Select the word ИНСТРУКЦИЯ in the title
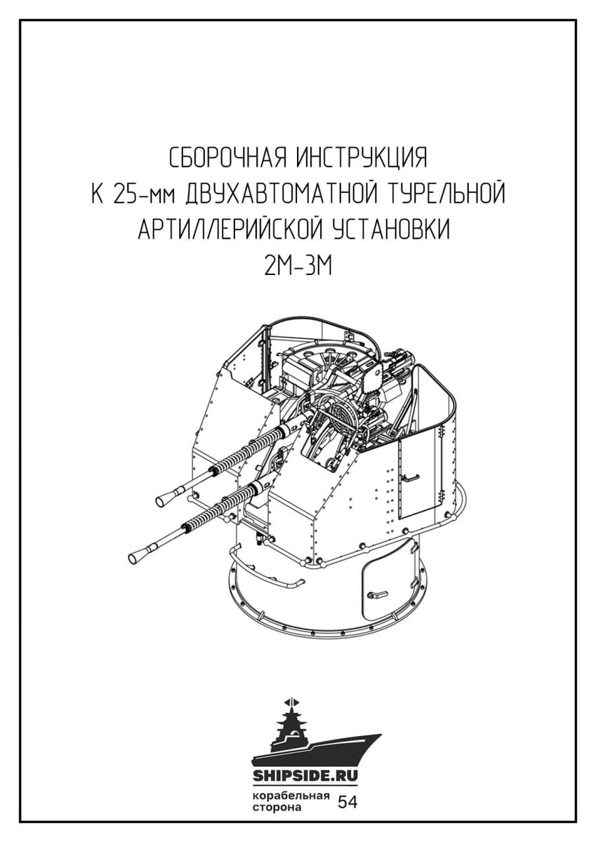pos(362,158)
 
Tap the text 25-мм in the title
pos(144,194)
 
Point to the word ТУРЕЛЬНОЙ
pos(445,193)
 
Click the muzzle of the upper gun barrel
pos(164,499)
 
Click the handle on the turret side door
pos(409,478)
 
